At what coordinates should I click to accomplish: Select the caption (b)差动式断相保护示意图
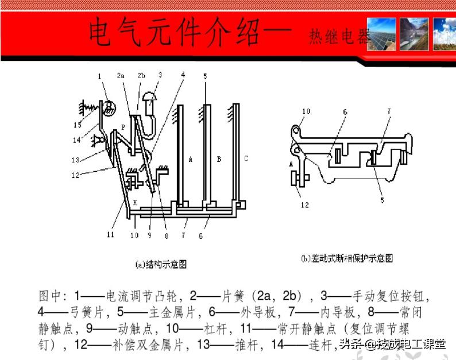(x=347, y=258)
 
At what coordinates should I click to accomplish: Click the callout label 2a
(x=120, y=75)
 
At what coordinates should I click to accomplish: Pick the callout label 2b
(x=141, y=75)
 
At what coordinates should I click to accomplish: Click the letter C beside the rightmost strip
(x=246, y=158)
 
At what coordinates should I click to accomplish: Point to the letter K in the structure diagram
(x=135, y=202)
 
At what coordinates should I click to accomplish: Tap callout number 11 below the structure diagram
(x=109, y=234)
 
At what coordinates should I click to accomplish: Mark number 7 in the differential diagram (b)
(x=389, y=110)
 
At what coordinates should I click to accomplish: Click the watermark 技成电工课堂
(x=411, y=344)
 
